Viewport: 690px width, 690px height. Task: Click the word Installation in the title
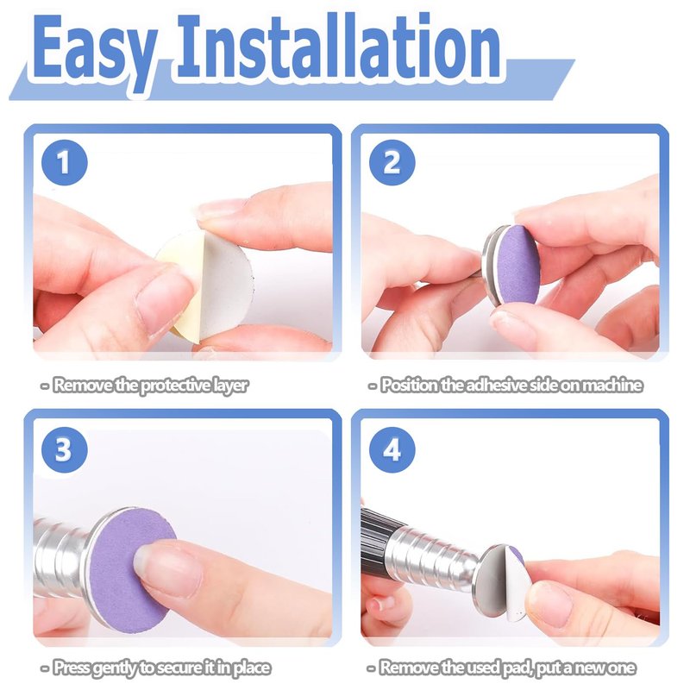(x=339, y=47)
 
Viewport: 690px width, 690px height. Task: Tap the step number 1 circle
(x=65, y=162)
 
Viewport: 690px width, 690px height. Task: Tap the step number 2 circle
(x=392, y=162)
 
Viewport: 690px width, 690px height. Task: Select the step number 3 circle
(x=65, y=449)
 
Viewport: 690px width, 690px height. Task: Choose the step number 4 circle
(x=392, y=449)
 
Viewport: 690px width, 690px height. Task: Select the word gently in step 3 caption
(x=116, y=668)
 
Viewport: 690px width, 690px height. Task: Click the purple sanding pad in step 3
(x=132, y=572)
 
